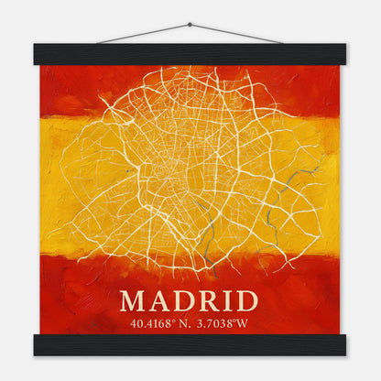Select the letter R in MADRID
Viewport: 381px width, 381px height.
[x=210, y=300]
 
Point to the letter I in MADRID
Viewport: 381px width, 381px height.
[x=228, y=300]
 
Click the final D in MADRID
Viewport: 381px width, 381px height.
[x=246, y=300]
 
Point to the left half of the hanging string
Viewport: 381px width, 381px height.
[x=142, y=34]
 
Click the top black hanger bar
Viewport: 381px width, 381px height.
[x=190, y=54]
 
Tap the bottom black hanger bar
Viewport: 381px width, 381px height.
[x=190, y=344]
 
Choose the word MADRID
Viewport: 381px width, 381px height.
[x=190, y=300]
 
